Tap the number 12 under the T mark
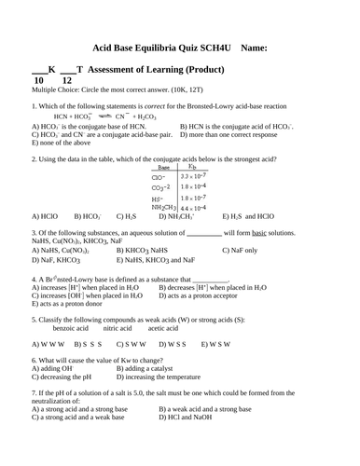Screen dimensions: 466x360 pyautogui.click(x=65, y=81)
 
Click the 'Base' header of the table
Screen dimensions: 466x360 pyautogui.click(x=163, y=167)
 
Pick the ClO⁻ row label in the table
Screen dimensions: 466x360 pyautogui.click(x=157, y=176)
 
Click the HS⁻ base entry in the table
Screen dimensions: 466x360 pyautogui.click(x=156, y=198)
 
